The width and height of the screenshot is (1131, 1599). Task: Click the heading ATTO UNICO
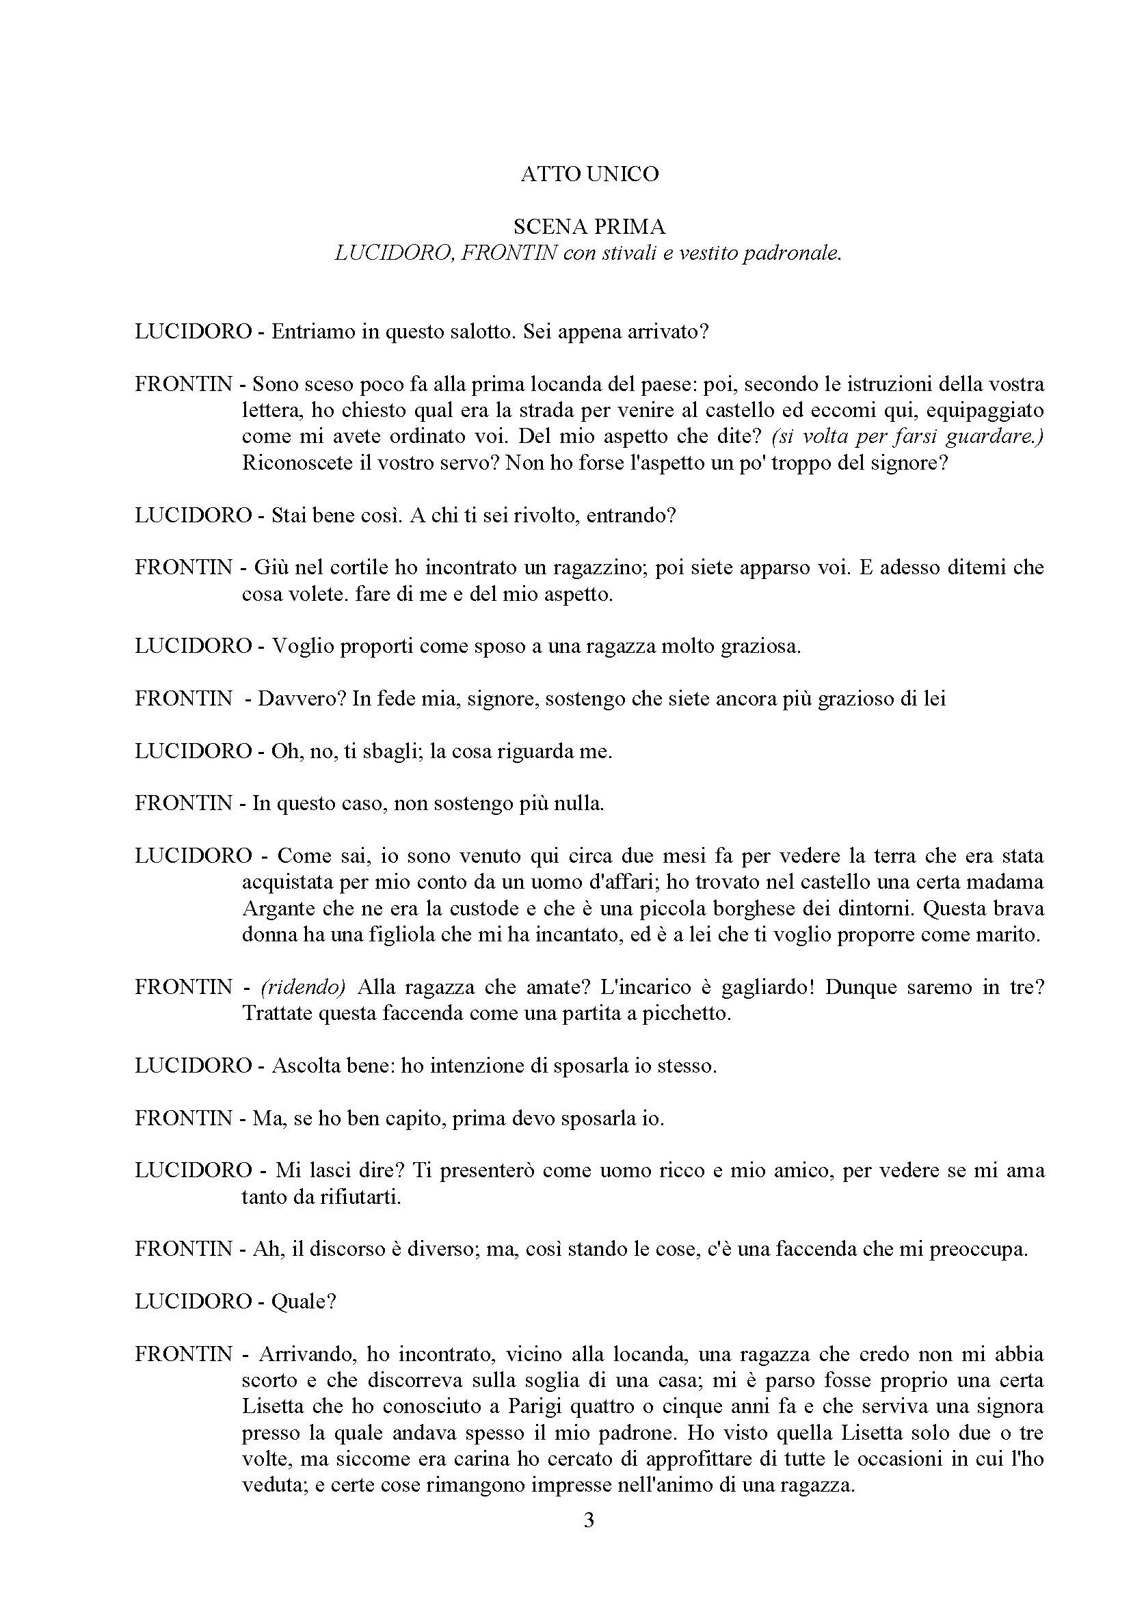tap(589, 174)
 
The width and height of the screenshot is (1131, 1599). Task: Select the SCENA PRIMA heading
tap(589, 226)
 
